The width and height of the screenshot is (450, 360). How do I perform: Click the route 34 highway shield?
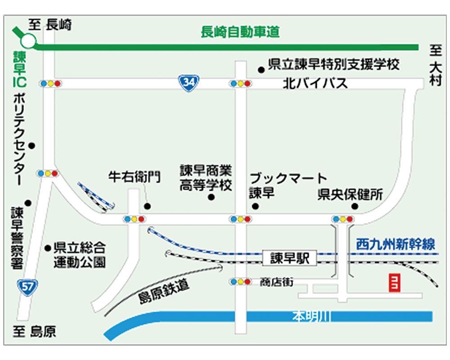click(189, 83)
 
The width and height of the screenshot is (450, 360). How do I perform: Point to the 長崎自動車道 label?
click(240, 32)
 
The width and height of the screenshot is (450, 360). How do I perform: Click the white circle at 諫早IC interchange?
click(28, 42)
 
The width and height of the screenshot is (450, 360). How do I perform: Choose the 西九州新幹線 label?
click(396, 245)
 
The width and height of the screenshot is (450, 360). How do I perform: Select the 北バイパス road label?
click(315, 84)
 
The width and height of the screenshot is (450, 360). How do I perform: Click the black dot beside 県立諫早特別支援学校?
click(261, 69)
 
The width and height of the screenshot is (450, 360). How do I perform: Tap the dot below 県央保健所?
click(355, 207)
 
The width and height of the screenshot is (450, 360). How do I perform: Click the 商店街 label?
click(276, 282)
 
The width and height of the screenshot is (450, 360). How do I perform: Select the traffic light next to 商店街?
click(239, 282)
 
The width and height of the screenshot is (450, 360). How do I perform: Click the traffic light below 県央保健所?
click(342, 219)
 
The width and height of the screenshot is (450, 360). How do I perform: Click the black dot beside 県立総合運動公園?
click(48, 247)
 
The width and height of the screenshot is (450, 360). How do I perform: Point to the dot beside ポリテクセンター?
click(32, 145)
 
